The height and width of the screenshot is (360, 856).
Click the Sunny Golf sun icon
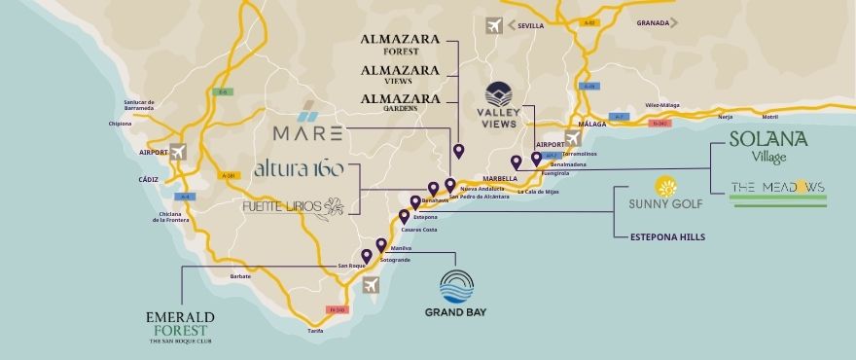[x=666, y=187]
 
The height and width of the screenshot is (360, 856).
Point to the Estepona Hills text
[x=667, y=236]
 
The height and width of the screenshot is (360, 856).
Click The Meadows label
[x=777, y=187]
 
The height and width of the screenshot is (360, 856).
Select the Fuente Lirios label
[x=293, y=206]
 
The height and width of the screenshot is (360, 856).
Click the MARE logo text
[x=306, y=130]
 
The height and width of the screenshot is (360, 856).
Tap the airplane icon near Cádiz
[x=178, y=152]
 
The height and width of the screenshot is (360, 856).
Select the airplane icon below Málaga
[x=573, y=138]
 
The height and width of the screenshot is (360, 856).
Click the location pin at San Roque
[x=366, y=257]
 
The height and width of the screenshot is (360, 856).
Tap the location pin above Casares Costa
[x=404, y=216]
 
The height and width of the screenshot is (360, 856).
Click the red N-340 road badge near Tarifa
[x=339, y=310]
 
